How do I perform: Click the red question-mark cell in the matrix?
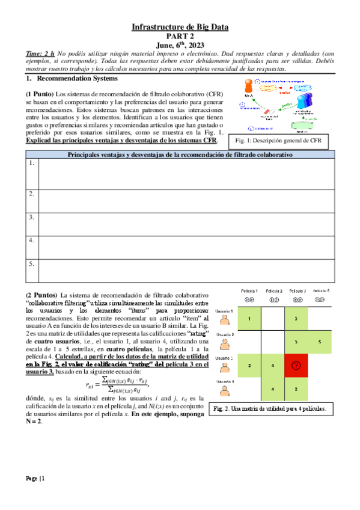pos(296,365)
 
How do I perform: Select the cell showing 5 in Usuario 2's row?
pos(320,342)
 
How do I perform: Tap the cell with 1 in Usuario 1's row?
pos(249,318)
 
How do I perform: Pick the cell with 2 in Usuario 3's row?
pos(249,365)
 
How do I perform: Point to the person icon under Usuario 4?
pos(225,392)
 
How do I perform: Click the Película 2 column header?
pos(272,291)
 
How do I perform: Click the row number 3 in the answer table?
pos(31,217)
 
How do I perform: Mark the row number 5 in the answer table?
pos(31,263)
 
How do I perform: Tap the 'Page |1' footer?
pos(34,478)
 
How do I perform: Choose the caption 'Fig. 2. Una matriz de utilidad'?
pos(269,409)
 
